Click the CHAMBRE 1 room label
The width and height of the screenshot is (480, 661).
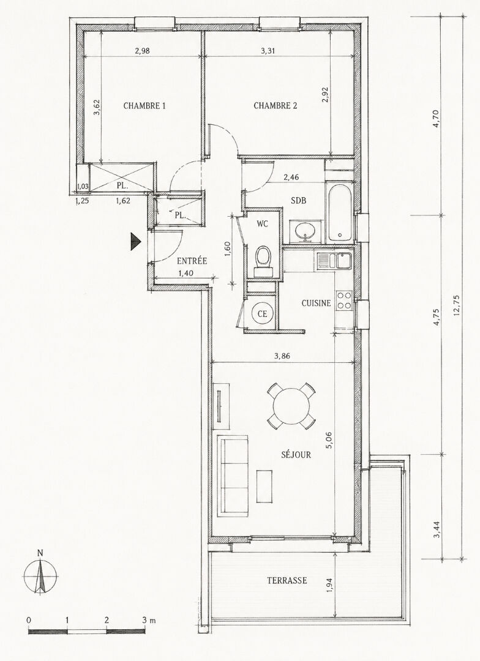coord(144,106)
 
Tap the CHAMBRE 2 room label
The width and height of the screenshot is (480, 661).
coord(275,106)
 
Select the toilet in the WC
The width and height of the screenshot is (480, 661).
coord(264,260)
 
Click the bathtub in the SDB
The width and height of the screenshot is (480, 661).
coord(340,212)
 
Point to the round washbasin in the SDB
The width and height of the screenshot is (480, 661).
coord(305,231)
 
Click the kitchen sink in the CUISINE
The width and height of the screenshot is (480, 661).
coord(334,261)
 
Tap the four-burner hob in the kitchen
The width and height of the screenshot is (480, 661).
coord(345,301)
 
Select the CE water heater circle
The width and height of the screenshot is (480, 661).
coord(263,313)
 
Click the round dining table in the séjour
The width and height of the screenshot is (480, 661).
coord(291,406)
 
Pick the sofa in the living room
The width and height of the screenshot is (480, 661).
coord(232,476)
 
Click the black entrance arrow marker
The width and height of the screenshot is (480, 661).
coord(135,242)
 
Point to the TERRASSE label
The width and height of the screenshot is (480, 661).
coord(287,580)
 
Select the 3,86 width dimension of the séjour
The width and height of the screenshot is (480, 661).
coord(282,356)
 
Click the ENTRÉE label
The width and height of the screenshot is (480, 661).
coord(192,261)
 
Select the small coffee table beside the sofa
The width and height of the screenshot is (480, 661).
coord(264,486)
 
